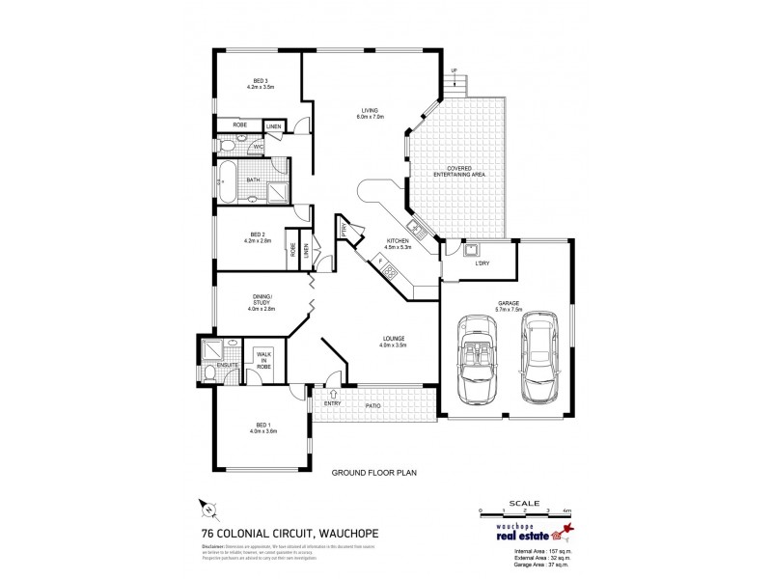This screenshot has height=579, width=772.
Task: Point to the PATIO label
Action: coord(372,406)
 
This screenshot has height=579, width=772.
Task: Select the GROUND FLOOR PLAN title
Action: coord(372,473)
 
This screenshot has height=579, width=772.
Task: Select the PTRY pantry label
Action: coord(345,229)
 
